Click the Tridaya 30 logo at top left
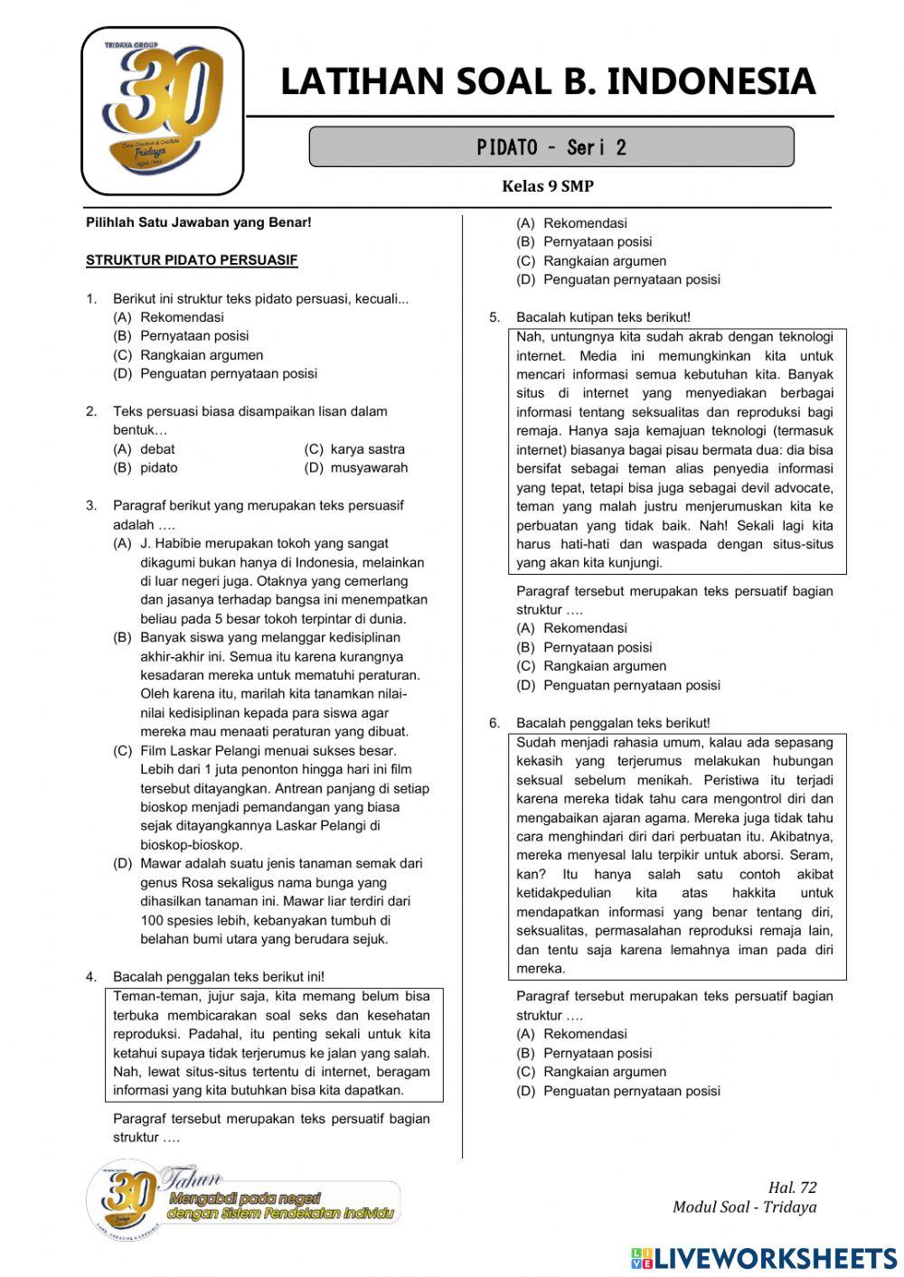(x=163, y=110)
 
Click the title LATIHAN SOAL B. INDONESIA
(x=548, y=81)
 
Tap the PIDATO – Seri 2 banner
(x=551, y=147)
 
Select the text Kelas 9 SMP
(x=548, y=186)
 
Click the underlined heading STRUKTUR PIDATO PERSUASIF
(x=192, y=260)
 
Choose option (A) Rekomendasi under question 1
(x=169, y=317)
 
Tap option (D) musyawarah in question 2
(x=355, y=468)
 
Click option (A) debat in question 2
(x=145, y=449)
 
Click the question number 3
(x=91, y=505)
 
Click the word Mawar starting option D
(x=159, y=863)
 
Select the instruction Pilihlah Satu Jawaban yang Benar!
(x=198, y=222)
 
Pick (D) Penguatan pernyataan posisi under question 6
(x=618, y=1091)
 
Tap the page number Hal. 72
(x=792, y=1188)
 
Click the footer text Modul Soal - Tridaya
(x=744, y=1207)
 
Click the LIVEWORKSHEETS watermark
(x=764, y=1258)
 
